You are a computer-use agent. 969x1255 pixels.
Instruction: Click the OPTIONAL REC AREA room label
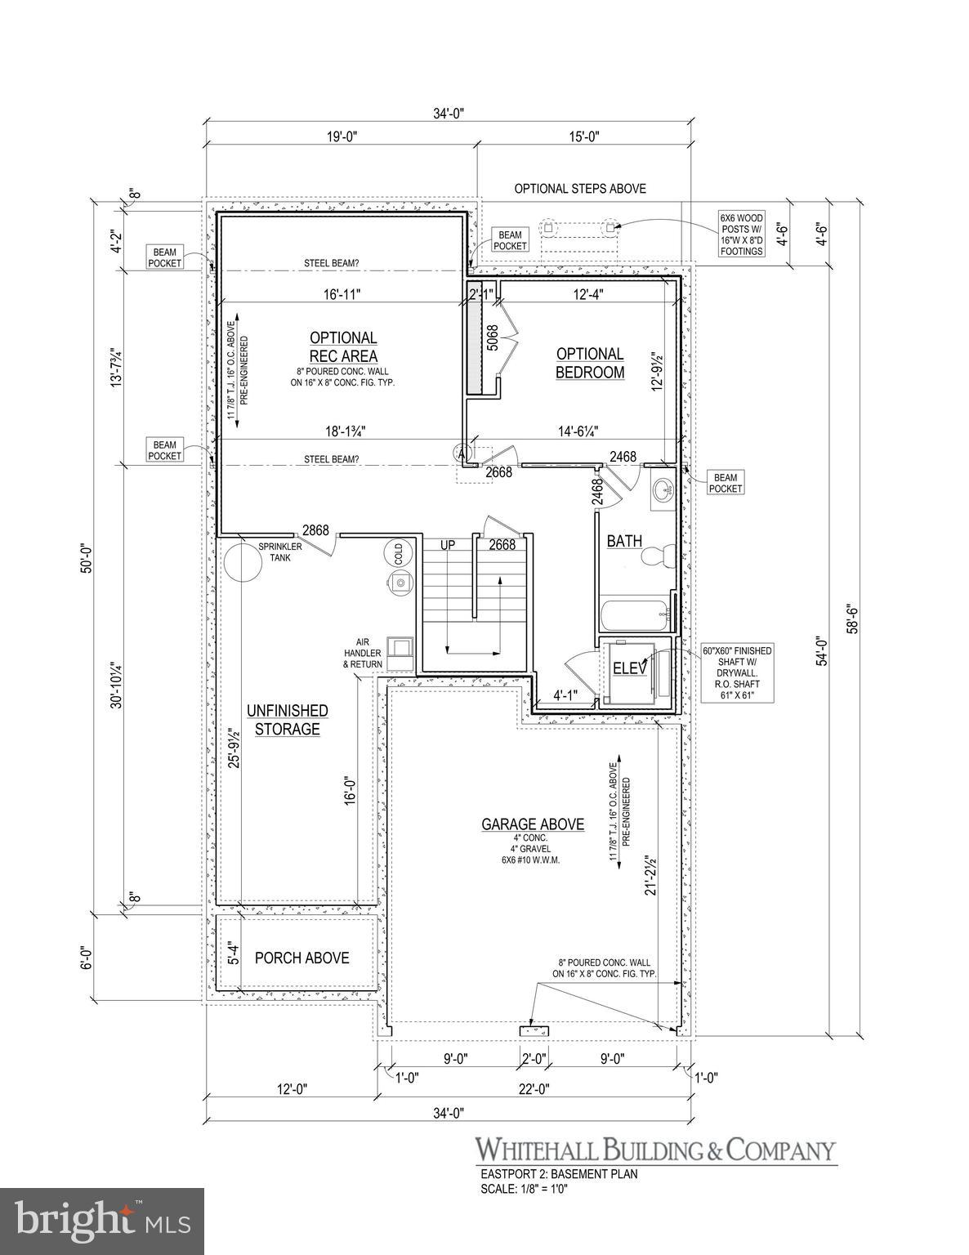tap(343, 346)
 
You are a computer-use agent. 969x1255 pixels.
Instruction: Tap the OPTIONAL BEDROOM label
tap(590, 363)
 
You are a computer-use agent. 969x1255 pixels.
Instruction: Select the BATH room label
tap(624, 541)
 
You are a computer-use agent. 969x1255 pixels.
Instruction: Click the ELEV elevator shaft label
tap(630, 668)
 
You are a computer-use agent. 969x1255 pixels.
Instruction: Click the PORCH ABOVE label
tap(301, 958)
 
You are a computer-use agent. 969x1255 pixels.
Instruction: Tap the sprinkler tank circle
tap(241, 561)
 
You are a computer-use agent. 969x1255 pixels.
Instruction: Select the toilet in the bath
tap(656, 557)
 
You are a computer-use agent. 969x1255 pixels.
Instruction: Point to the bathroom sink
tap(661, 490)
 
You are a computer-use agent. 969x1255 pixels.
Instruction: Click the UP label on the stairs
tap(448, 545)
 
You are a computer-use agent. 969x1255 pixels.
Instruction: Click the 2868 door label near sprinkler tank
tap(315, 530)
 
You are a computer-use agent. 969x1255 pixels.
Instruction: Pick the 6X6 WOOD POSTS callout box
tap(741, 234)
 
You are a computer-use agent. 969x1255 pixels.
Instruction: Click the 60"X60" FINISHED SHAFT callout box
tap(738, 672)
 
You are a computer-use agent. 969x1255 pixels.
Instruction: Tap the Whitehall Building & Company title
tap(656, 1150)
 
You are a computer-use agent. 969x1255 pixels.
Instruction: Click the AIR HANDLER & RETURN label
tap(363, 653)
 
